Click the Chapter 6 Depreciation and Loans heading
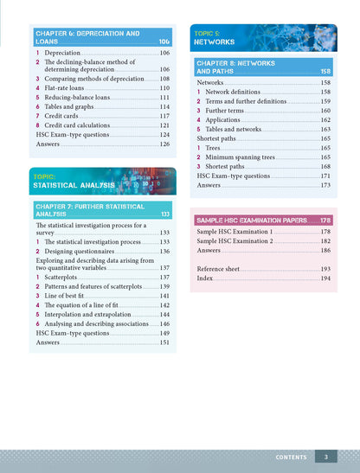click(87, 37)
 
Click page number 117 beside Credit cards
click(164, 116)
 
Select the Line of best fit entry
click(68, 296)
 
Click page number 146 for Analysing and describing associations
click(164, 324)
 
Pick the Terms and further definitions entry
click(246, 101)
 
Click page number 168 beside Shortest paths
click(325, 167)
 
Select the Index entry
click(205, 279)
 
